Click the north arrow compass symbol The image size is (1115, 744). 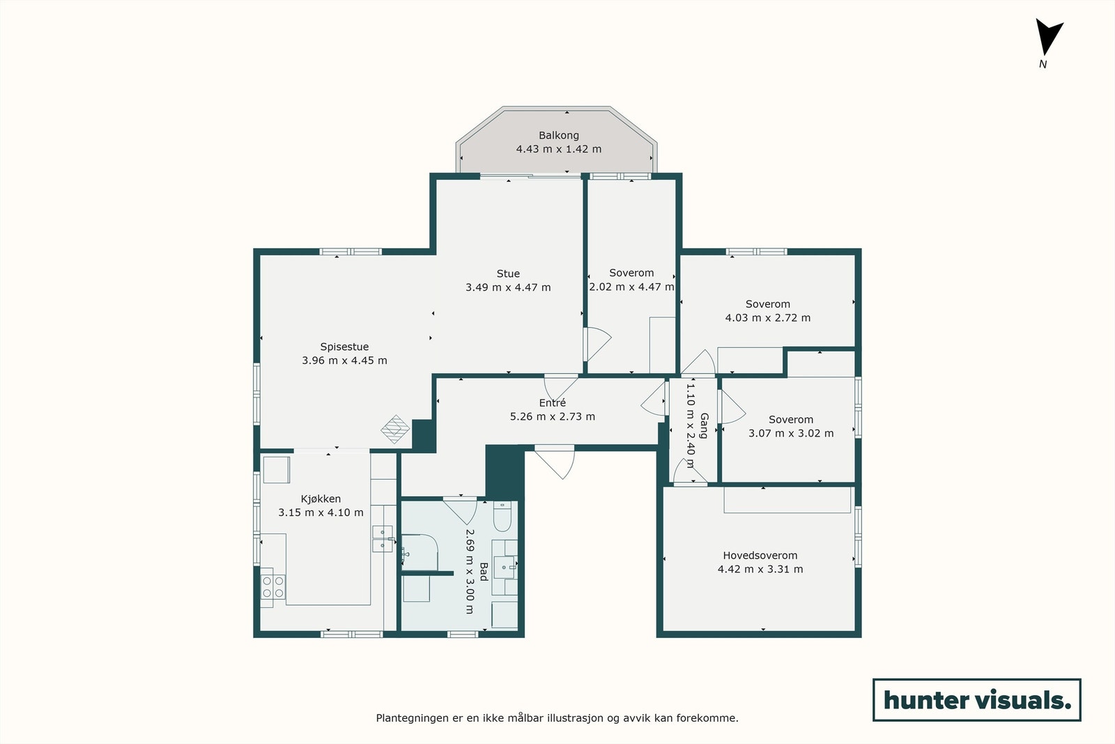tap(1047, 38)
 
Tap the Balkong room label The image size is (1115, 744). tap(558, 135)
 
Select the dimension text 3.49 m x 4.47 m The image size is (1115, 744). tap(508, 287)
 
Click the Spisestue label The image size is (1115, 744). tap(344, 347)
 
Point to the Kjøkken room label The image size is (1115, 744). tap(321, 499)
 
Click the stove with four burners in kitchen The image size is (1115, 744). tap(272, 586)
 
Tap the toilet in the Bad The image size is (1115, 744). tap(502, 515)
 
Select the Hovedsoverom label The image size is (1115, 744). tap(760, 556)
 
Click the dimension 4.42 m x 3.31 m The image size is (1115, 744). tap(760, 569)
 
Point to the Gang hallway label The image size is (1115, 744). tap(704, 425)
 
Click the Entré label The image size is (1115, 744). tap(552, 403)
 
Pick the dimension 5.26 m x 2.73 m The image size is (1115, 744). tap(552, 416)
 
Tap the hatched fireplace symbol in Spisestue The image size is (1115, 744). tap(395, 429)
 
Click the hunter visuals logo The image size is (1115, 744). tap(976, 699)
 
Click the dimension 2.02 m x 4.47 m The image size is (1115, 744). tap(631, 287)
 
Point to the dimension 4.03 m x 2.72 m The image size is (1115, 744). tap(767, 317)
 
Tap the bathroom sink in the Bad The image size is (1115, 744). tap(505, 567)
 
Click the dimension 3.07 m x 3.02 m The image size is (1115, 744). tap(790, 433)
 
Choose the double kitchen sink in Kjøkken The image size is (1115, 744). tap(382, 538)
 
